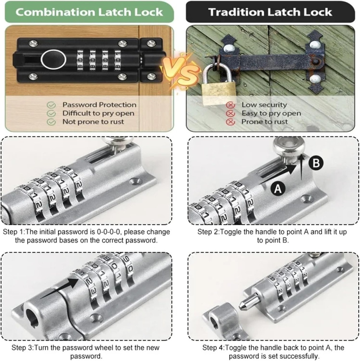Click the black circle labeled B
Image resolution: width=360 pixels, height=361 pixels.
tap(316, 163)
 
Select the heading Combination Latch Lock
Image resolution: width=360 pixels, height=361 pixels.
tap(89, 12)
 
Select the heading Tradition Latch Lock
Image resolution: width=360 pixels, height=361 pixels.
tap(270, 12)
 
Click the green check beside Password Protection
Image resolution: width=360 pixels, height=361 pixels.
tap(52, 105)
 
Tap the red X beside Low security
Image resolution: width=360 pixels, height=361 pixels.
tap(230, 105)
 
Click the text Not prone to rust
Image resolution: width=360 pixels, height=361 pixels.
tap(93, 122)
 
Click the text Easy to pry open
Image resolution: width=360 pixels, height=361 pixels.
tap(271, 113)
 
